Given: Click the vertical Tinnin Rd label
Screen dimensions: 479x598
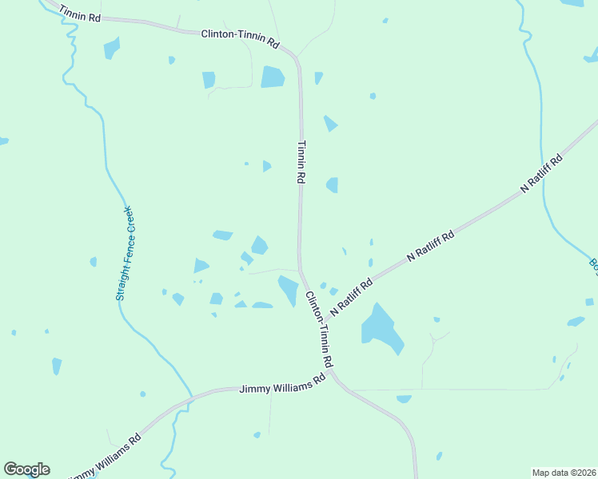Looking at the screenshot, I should click(x=301, y=163).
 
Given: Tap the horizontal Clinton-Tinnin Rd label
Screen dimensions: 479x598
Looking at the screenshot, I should click(x=240, y=38).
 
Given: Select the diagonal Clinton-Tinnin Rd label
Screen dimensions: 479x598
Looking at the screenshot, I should click(x=319, y=329).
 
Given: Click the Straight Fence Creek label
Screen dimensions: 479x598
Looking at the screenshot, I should click(x=124, y=253).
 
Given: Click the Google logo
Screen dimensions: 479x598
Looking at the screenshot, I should click(x=26, y=469).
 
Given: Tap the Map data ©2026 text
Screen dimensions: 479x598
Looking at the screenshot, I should click(x=564, y=473).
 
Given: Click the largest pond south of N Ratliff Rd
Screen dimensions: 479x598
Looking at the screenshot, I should click(x=381, y=328).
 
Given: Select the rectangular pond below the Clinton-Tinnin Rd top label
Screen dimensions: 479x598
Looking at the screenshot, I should click(x=273, y=77).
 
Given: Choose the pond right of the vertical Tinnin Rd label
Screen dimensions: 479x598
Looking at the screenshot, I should click(x=333, y=185).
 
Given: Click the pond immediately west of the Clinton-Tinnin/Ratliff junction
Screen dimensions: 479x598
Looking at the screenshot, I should click(x=287, y=290).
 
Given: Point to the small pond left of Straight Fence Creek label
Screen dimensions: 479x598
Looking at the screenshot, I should click(x=94, y=262).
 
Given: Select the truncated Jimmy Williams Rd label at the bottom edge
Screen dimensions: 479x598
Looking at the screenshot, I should click(x=106, y=457).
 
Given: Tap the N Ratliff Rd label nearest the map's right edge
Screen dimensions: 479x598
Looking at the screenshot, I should click(x=542, y=172).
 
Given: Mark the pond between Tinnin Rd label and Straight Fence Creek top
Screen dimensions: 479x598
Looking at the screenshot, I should click(x=267, y=166).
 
